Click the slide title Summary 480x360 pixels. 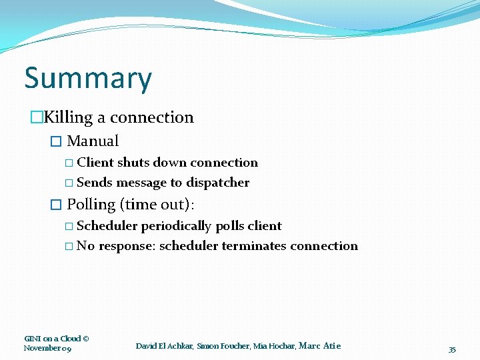point(88,79)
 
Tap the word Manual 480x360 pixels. point(93,141)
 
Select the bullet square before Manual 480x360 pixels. point(56,141)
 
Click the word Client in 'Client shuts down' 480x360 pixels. point(95,163)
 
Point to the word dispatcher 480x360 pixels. point(217,183)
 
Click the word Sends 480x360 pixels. point(95,183)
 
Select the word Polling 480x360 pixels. point(91,204)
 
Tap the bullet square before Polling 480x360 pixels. point(56,205)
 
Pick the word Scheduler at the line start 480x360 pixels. point(107,226)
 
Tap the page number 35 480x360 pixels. point(452,349)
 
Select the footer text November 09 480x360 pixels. point(47,348)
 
